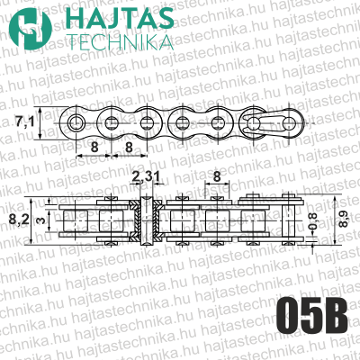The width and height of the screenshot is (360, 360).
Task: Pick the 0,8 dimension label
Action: coord(312,221)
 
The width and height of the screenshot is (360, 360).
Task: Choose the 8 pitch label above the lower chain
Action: coord(218,177)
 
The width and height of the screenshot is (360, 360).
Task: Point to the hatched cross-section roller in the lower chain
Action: coord(150,219)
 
